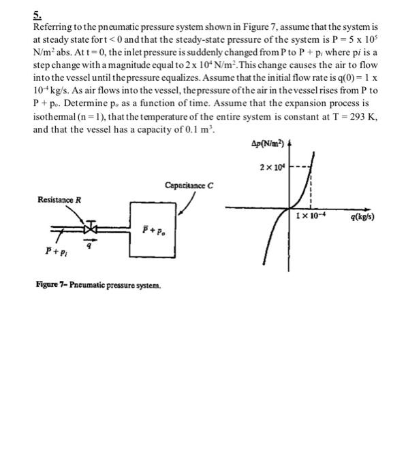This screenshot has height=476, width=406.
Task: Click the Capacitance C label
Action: click(x=189, y=185)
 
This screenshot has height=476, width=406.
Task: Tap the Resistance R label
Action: click(x=60, y=200)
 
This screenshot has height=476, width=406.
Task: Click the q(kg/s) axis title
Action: click(x=364, y=218)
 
